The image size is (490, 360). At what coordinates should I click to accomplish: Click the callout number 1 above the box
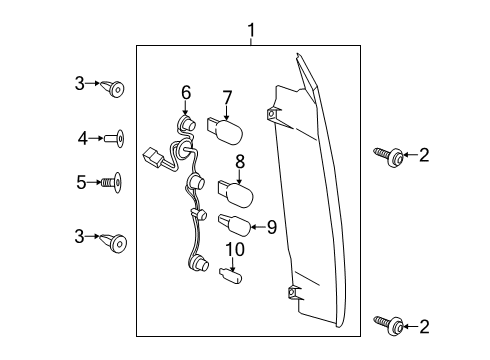tap(251, 32)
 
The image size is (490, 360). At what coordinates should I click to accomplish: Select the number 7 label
tap(227, 97)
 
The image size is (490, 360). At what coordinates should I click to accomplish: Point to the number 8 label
tap(240, 161)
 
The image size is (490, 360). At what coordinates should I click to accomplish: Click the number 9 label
tap(270, 227)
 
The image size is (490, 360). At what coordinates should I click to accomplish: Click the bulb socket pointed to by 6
tap(184, 125)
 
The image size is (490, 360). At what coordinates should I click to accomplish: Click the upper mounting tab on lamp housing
tap(271, 116)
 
